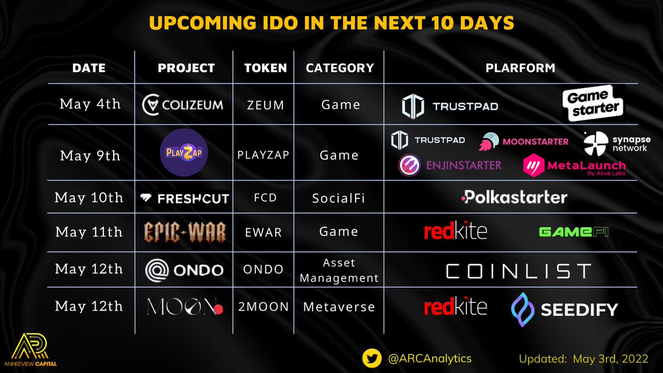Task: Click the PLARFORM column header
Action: pos(520,69)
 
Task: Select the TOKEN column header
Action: pos(266,69)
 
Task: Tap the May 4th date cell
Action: pos(90,104)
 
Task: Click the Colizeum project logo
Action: pos(183,104)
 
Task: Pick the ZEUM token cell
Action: pos(266,104)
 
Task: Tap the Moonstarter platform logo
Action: pos(524,141)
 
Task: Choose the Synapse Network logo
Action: pos(609,144)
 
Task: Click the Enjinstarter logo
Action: pos(450,165)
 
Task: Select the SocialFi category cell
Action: pos(340,198)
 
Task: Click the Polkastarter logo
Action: pos(513,197)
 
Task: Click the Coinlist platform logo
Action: pos(518,271)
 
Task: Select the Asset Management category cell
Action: pos(340,271)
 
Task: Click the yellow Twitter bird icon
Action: pos(372,358)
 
